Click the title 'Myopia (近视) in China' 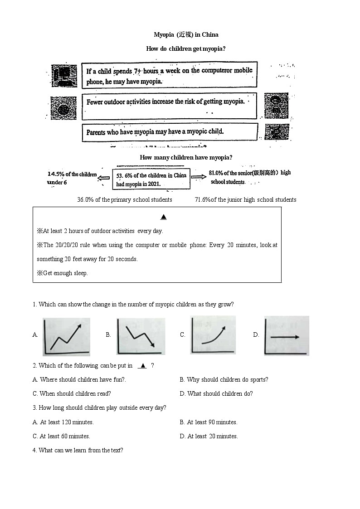tap(186, 34)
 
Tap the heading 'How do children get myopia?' tap(186, 48)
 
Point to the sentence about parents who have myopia tap(155, 132)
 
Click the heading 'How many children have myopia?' tap(186, 157)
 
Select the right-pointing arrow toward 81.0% tap(198, 177)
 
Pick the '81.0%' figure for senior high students tap(217, 173)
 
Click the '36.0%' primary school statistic tap(86, 199)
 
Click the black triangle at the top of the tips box tap(164, 217)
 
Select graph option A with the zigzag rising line tap(66, 337)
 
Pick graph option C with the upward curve tap(213, 335)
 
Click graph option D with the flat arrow tap(287, 336)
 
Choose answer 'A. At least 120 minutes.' tap(63, 422)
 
